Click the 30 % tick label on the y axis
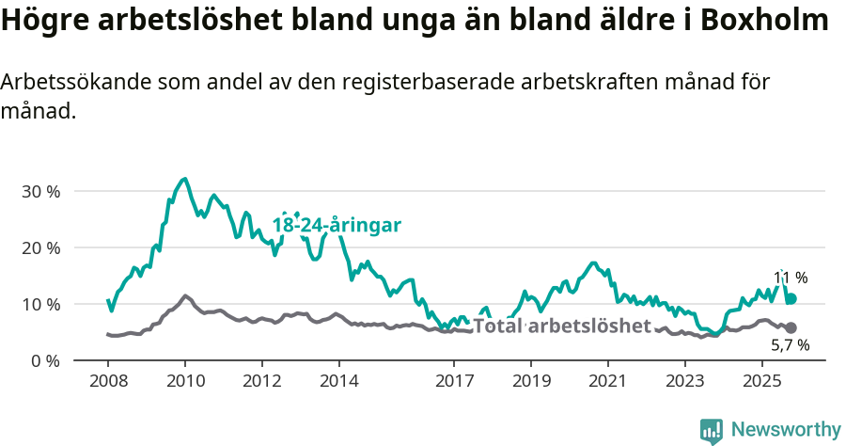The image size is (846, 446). [40, 191]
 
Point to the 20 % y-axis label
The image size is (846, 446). [40, 247]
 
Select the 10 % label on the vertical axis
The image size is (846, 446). [40, 304]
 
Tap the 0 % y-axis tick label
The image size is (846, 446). [44, 360]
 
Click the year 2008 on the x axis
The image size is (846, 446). [107, 381]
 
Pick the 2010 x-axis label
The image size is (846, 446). [184, 381]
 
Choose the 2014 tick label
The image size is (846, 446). [338, 381]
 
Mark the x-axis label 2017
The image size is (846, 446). [454, 381]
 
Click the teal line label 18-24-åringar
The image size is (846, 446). [337, 225]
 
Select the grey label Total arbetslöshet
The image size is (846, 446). [561, 327]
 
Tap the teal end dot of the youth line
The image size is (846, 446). [791, 298]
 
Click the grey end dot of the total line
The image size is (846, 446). [791, 327]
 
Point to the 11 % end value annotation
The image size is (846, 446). [791, 278]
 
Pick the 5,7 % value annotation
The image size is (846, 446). [791, 345]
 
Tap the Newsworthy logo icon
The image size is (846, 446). [712, 430]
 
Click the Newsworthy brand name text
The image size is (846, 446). [786, 430]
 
